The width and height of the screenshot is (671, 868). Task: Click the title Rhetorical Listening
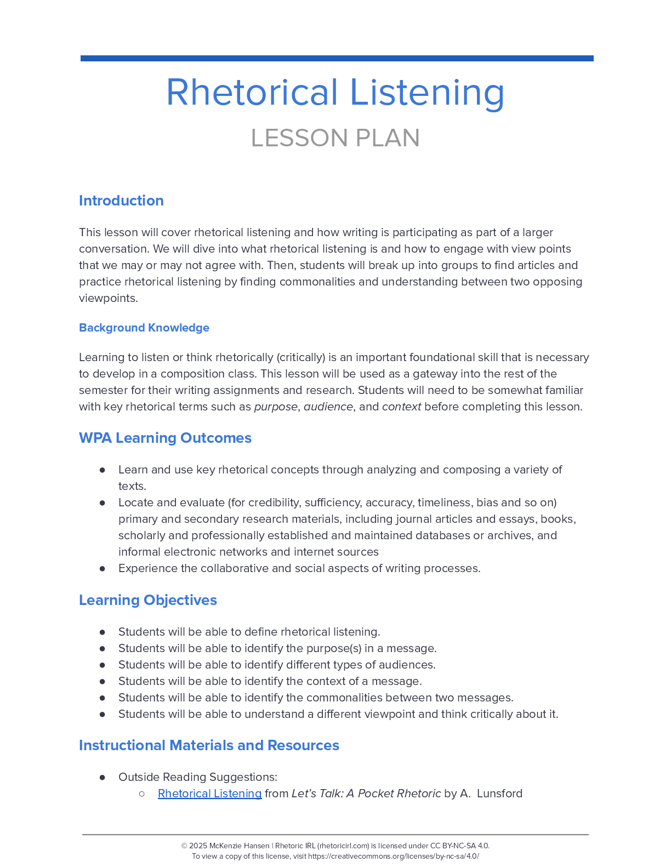[335, 92]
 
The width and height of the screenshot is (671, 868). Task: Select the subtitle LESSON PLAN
[335, 138]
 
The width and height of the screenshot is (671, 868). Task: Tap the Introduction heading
[121, 201]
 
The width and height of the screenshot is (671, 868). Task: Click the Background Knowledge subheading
[144, 328]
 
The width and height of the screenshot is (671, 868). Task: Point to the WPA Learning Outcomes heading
[165, 438]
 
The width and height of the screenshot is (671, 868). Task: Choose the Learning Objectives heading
[148, 600]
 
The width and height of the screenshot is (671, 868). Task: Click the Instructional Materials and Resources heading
[209, 745]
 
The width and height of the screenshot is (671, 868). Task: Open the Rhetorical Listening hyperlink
[209, 793]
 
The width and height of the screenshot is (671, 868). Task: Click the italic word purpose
[276, 407]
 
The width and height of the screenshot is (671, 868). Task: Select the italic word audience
[328, 407]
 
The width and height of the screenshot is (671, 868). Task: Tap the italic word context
[401, 407]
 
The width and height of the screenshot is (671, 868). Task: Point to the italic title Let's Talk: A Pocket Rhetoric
[366, 793]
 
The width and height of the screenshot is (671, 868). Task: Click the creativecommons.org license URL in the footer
[393, 856]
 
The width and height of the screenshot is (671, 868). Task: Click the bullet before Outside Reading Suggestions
[103, 777]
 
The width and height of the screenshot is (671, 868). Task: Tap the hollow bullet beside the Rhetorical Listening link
[142, 793]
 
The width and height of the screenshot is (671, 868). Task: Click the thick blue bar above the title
[337, 58]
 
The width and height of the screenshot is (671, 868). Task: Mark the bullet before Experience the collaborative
[103, 568]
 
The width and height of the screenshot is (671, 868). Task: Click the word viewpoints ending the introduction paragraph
[108, 298]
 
